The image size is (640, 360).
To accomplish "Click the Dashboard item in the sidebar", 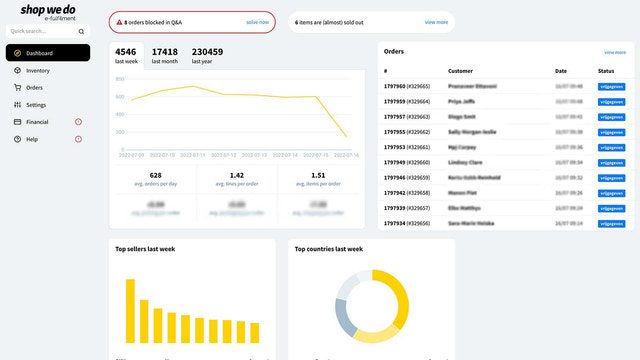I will [x=40, y=53].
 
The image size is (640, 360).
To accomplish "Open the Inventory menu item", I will [x=38, y=71].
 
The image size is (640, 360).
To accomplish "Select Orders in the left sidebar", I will [x=34, y=88].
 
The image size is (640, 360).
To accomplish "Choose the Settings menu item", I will [x=36, y=105].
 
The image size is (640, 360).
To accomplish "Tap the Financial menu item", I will [x=37, y=122].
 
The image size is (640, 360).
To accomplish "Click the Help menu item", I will [x=32, y=139].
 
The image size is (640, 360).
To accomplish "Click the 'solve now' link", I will [x=257, y=21].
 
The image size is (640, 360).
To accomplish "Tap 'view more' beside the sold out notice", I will [x=436, y=21].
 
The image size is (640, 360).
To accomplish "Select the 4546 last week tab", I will [x=126, y=55].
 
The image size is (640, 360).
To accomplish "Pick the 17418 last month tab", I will [x=164, y=55].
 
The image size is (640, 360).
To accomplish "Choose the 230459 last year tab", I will [x=207, y=55].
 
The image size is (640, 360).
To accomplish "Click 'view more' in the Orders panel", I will [x=615, y=52].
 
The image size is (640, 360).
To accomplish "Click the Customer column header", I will [x=460, y=71].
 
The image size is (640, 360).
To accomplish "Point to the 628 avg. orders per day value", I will [x=155, y=177].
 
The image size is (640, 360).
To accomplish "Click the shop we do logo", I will [x=47, y=12].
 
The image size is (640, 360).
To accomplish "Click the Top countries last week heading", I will [x=328, y=249].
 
